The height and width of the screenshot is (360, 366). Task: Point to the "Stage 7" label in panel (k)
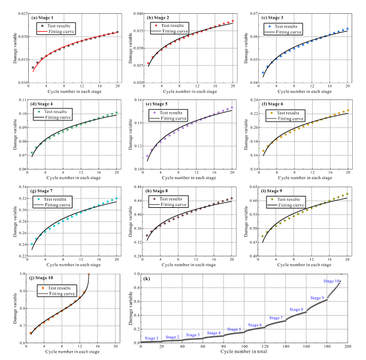276,317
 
